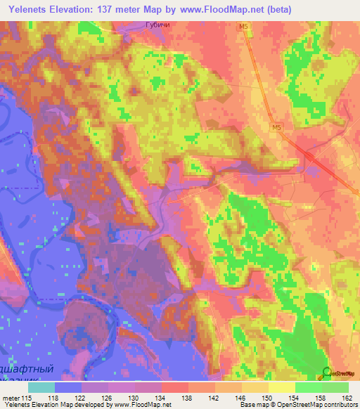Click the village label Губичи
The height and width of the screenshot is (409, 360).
point(157,25)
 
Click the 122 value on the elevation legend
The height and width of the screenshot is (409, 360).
point(81,397)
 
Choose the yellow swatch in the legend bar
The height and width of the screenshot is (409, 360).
point(281,387)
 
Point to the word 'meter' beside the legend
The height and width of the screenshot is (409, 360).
point(11,397)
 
